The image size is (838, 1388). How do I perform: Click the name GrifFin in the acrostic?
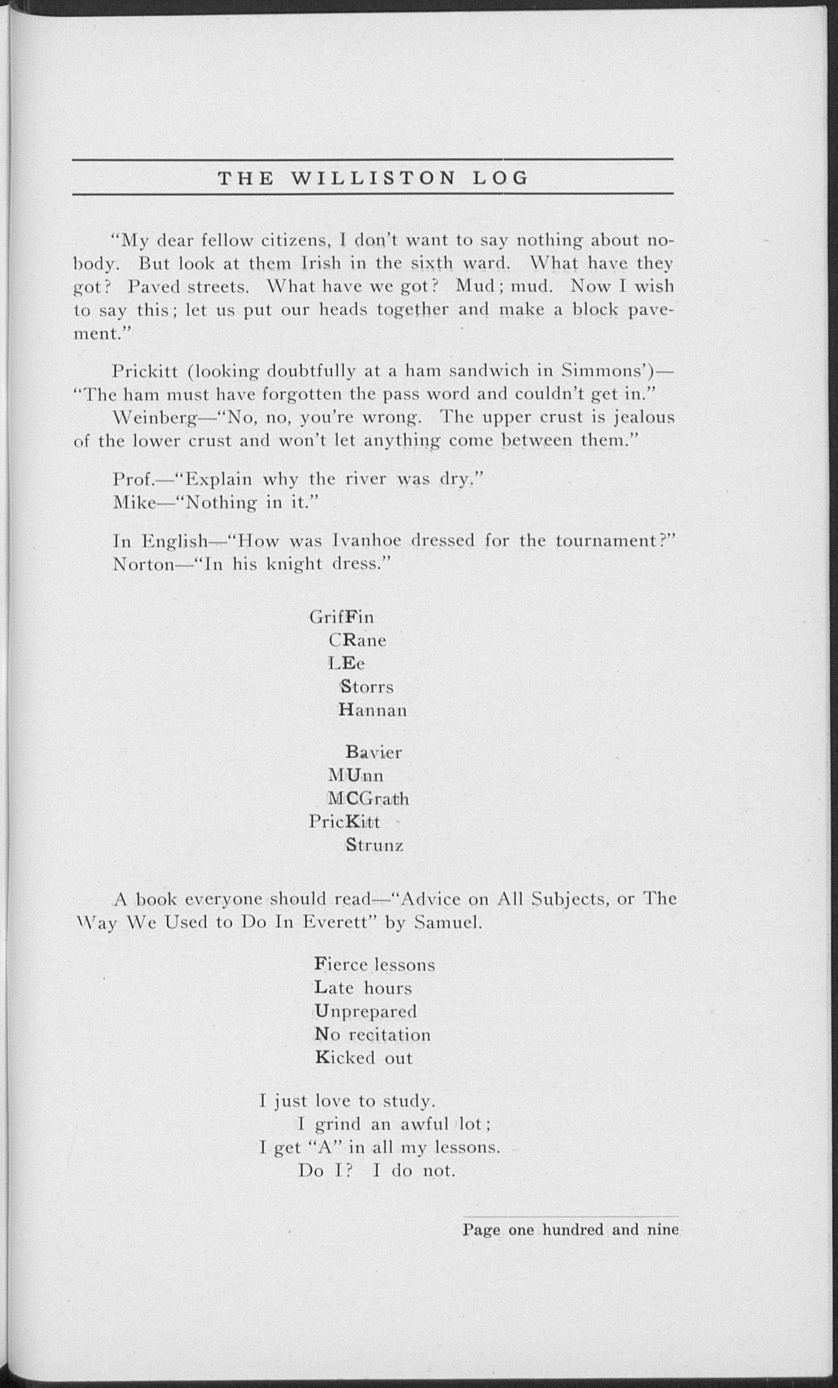click(341, 617)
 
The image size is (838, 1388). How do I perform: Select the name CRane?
click(357, 640)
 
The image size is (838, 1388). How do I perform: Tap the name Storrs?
click(366, 687)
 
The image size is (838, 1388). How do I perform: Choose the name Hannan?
click(373, 710)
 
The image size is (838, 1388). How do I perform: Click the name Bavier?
click(374, 753)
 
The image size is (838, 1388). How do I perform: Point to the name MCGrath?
click(369, 799)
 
